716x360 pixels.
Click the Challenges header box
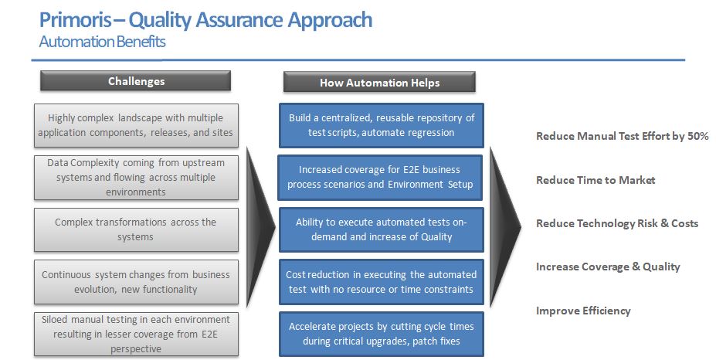136,81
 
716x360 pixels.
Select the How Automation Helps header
379,83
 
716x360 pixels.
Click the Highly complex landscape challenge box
136,125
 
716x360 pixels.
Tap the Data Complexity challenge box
136,178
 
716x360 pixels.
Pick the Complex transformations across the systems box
136,229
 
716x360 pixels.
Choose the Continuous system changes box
136,282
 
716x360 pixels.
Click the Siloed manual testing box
136,334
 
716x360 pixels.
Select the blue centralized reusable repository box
381,125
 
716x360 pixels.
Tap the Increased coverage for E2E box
381,178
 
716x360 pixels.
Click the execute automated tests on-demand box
381,229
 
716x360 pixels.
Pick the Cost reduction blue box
381,282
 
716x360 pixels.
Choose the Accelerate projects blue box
381,334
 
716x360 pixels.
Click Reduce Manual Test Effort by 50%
622,137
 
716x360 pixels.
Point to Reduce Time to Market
596,180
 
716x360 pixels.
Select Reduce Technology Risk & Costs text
616,223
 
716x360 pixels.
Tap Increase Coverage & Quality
608,267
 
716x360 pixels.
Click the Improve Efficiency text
583,311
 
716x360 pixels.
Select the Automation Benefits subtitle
103,42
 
